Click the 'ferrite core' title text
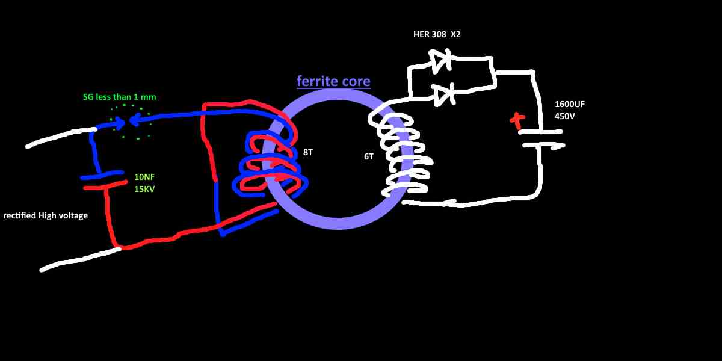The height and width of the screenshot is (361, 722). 333,81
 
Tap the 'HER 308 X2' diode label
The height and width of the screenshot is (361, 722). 437,34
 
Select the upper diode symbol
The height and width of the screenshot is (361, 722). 440,61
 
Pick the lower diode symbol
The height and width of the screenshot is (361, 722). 444,95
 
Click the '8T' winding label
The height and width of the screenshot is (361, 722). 308,152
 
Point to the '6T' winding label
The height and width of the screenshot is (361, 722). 369,156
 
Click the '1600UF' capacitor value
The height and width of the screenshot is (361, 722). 570,104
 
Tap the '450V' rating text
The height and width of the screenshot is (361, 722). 564,116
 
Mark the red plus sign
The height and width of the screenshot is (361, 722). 517,120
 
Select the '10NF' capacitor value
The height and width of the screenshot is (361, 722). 144,177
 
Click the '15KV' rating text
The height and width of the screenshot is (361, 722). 144,189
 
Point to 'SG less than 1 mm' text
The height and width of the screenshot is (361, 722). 119,97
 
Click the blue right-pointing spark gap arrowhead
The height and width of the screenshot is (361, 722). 120,123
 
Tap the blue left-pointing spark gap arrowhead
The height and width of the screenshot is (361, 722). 135,120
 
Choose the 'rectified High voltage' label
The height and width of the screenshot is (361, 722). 46,215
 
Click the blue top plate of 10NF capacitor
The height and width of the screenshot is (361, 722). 102,175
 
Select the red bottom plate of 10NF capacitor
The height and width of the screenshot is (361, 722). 105,185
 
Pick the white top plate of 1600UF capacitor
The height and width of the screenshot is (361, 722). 541,132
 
